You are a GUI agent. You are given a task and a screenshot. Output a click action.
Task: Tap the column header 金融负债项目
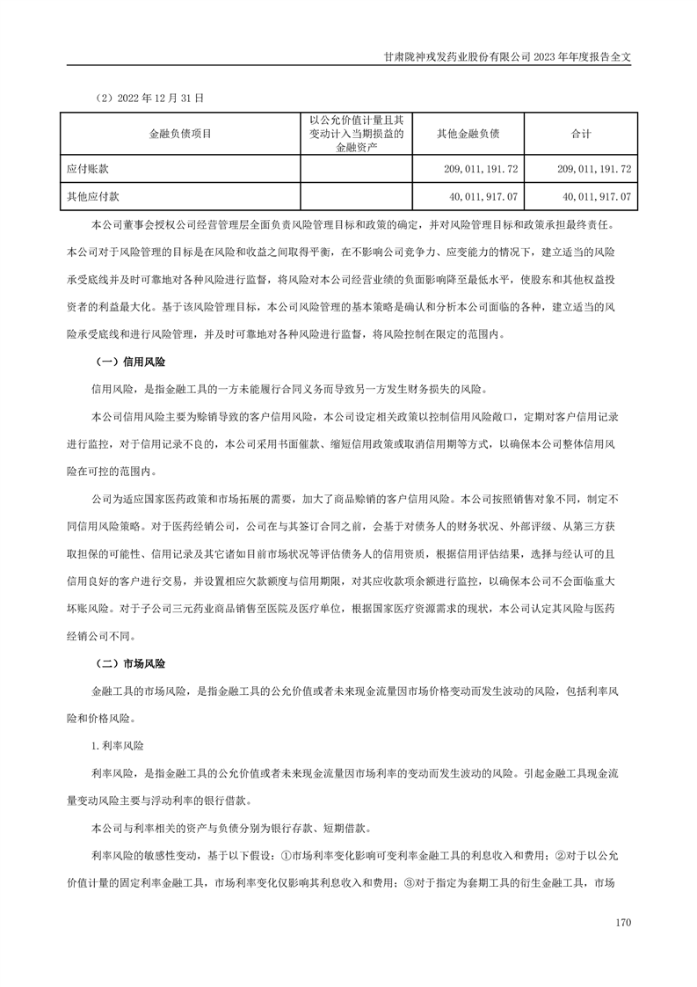click(179, 134)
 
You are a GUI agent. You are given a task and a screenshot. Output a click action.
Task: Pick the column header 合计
click(581, 134)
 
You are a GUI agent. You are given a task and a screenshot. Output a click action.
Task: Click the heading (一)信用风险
click(129, 362)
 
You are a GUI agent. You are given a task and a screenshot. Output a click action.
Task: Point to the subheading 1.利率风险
click(118, 744)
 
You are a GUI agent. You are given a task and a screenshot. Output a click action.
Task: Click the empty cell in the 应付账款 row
click(356, 167)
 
